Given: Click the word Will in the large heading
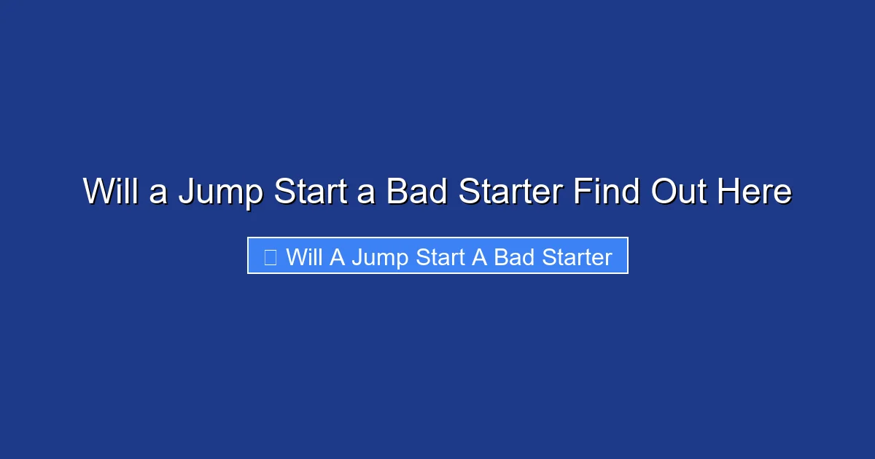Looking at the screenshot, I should [x=112, y=192].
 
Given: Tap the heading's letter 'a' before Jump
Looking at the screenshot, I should [x=159, y=194].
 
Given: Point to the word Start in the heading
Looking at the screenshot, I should [x=306, y=192].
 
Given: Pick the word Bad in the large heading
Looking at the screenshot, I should [x=415, y=192].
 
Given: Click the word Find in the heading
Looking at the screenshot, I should [x=607, y=192].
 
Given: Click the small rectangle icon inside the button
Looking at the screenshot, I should [x=270, y=256].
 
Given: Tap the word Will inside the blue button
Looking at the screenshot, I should [x=305, y=256].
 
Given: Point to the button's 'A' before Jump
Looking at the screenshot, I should [x=337, y=256].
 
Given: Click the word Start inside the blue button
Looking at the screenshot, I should [x=440, y=256].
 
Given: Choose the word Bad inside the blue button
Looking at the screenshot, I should [x=515, y=256].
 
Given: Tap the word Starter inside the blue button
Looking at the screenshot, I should [x=578, y=256].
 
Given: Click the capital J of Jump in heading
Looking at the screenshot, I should [x=187, y=192].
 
